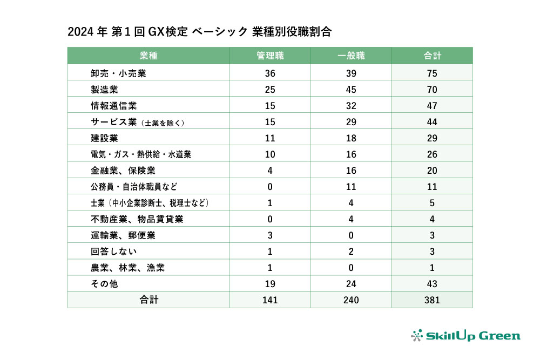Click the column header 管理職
(x=270, y=56)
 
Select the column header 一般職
(x=351, y=56)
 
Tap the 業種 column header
(x=148, y=56)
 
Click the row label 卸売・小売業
(x=118, y=73)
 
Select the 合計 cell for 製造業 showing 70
(x=431, y=90)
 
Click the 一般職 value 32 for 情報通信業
(x=351, y=106)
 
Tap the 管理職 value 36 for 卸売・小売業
(x=270, y=73)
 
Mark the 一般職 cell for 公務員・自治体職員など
(x=351, y=187)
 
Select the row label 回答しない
(x=114, y=252)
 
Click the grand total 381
(x=431, y=300)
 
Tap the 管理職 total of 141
(x=270, y=300)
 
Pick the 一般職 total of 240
(x=351, y=300)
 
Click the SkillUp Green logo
(x=465, y=336)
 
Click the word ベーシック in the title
(x=220, y=32)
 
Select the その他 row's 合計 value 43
(x=431, y=284)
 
